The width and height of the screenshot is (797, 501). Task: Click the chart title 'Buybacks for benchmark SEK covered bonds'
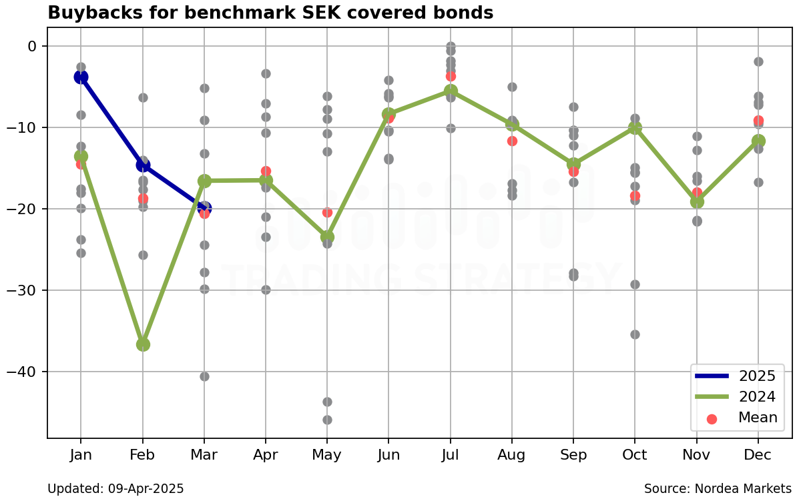[x=270, y=13]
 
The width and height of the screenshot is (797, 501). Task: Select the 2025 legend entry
[x=735, y=376]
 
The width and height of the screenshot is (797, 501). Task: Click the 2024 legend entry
[x=735, y=397]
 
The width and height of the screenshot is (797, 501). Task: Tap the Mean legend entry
[x=735, y=418]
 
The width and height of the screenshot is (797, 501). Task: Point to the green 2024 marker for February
[x=143, y=344]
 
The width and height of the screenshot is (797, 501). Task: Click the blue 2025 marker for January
[x=81, y=77]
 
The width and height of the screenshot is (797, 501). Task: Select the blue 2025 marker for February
[x=143, y=165]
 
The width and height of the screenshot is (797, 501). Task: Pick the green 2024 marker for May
[x=327, y=236]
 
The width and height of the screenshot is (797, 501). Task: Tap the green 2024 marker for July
[x=451, y=91]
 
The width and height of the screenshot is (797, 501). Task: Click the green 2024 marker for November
[x=697, y=201]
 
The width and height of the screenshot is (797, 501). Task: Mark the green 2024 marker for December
[x=758, y=141]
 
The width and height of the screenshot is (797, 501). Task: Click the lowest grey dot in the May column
[x=327, y=420]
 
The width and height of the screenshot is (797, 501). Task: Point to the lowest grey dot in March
[x=204, y=376]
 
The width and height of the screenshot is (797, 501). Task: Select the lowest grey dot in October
[x=635, y=334]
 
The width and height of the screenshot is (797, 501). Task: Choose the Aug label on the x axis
[x=512, y=455]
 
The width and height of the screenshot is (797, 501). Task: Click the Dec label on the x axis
[x=758, y=455]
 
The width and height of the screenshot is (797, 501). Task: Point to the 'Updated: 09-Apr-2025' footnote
[x=115, y=489]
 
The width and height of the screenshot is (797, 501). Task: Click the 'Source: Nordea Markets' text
[x=718, y=489]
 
